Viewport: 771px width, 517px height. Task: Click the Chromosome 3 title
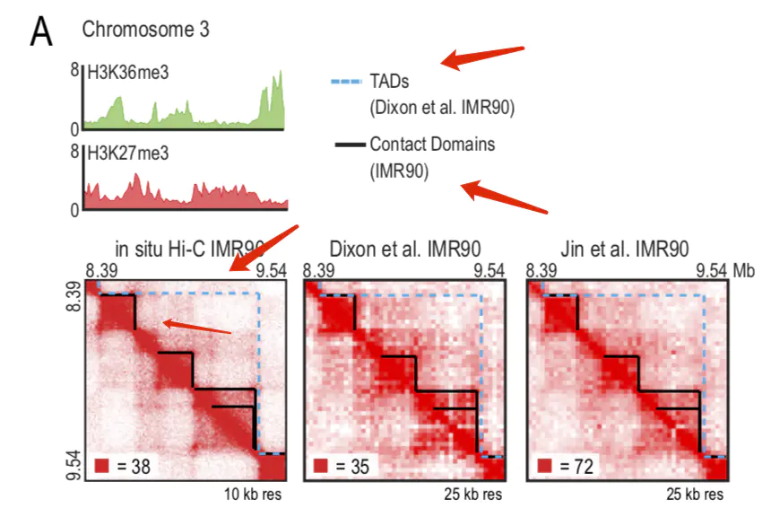[145, 30]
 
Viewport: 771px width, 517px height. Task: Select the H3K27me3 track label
[127, 153]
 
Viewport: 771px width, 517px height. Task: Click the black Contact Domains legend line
[348, 144]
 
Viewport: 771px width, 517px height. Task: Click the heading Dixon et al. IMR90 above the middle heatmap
[403, 249]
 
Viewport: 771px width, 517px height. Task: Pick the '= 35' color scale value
[352, 467]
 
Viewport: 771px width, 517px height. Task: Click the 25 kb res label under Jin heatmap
[693, 494]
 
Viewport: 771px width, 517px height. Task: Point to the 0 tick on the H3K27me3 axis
[76, 208]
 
